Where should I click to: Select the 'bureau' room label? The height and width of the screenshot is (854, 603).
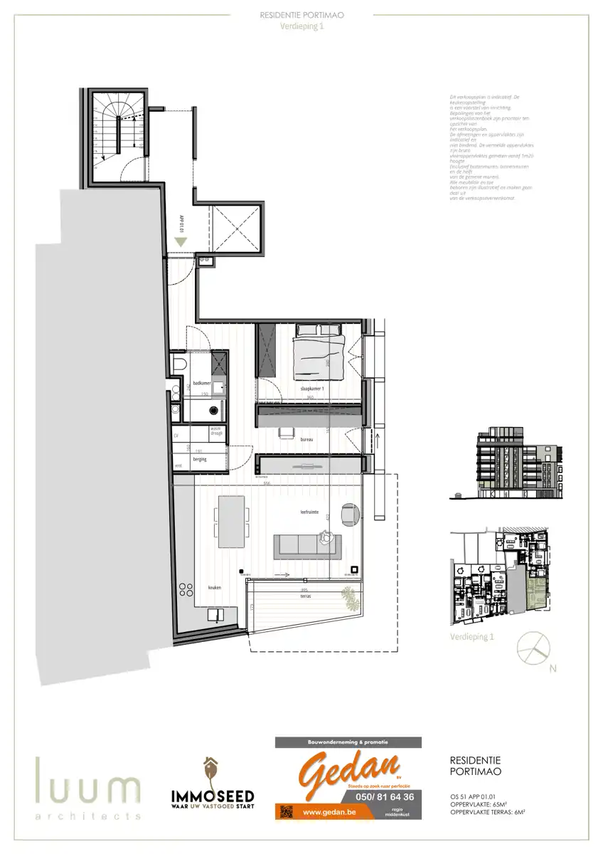click(x=306, y=440)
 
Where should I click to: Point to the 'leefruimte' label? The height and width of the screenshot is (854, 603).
click(x=307, y=512)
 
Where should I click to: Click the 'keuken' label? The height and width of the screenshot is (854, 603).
click(x=214, y=588)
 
